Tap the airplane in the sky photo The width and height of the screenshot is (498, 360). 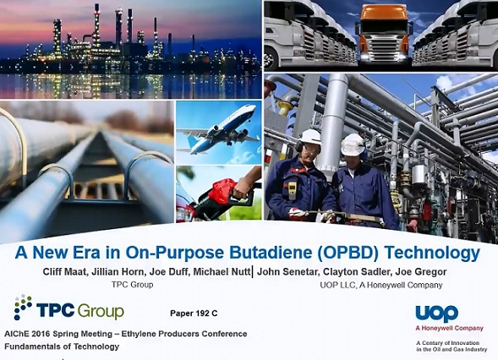coord(218,129)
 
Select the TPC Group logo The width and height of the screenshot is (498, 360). coord(69,308)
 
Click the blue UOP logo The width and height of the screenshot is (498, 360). coord(437,314)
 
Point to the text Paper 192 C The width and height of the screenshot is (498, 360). coord(194,314)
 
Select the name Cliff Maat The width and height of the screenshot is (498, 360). coord(65,272)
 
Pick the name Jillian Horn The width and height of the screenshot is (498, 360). coord(118,272)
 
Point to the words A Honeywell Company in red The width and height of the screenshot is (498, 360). coord(450,328)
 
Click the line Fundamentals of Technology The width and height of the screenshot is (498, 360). coord(62,346)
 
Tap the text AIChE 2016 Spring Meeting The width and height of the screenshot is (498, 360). coord(58,334)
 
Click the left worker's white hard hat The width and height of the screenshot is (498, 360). coord(310,137)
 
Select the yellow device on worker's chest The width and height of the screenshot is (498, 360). coord(292,190)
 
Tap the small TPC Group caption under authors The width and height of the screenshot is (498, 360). coord(132,285)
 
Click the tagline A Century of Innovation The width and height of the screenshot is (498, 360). coord(448,343)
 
